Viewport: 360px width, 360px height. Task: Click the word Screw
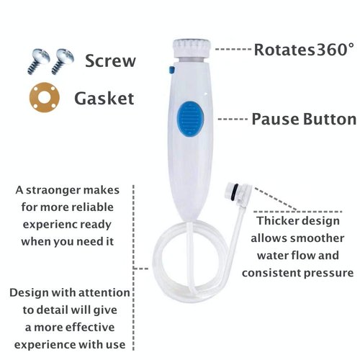pos(109,60)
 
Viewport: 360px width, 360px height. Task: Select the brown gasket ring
pos(43,97)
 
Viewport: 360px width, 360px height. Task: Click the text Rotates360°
pos(304,50)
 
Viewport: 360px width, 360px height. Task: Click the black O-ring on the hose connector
pos(231,192)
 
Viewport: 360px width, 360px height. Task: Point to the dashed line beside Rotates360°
pos(233,50)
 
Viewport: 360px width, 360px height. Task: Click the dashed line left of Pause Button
pos(232,119)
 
